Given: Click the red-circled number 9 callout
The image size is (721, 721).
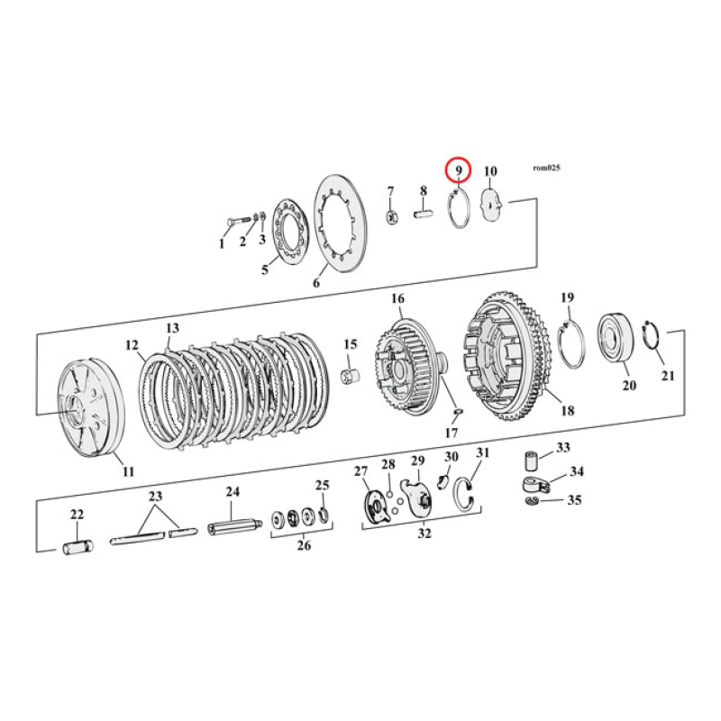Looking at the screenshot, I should (x=458, y=169).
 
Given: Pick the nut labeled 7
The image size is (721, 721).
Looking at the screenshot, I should (x=391, y=216).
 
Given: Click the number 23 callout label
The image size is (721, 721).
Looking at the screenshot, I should (x=155, y=497).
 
